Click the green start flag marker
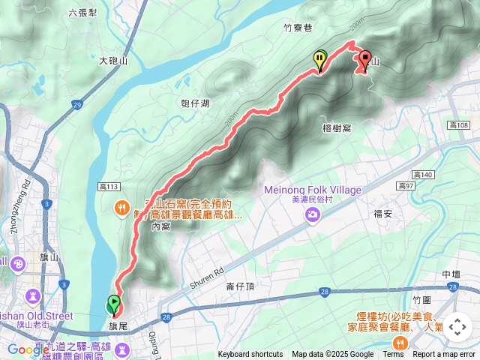pos(114,304)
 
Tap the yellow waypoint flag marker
pos(320,59)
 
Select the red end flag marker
pos(366,59)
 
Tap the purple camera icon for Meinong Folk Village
pos(312,216)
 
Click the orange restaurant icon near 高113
pos(120,207)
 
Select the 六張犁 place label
pos(82,13)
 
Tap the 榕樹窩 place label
pos(337,128)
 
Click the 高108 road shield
pos(458,124)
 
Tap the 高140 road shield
pos(424,174)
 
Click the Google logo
pos(28,349)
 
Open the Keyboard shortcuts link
pos(250,355)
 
